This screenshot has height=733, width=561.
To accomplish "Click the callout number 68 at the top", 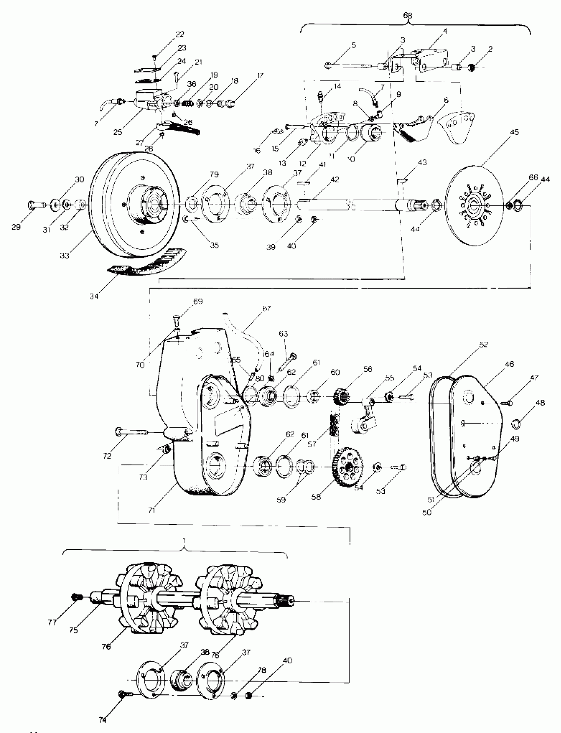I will pyautogui.click(x=408, y=16).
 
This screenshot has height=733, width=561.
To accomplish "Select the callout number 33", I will pyautogui.click(x=64, y=255).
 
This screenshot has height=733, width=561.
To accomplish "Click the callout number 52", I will pyautogui.click(x=483, y=344).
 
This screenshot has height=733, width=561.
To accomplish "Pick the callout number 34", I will pyautogui.click(x=94, y=296).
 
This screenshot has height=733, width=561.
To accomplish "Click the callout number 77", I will pyautogui.click(x=52, y=622).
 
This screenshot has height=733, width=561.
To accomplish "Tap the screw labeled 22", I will pyautogui.click(x=154, y=57).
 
